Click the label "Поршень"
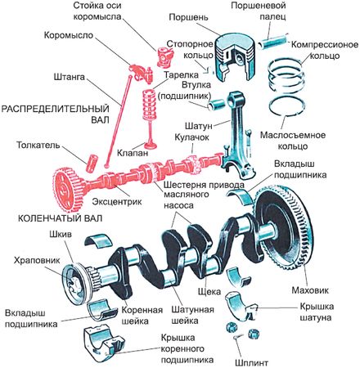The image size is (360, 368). tap(188, 17)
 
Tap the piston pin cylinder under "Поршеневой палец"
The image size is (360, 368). tap(273, 40)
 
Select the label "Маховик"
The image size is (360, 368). tap(310, 290)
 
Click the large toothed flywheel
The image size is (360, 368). tap(283, 230)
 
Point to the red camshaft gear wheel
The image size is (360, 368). tap(65, 190)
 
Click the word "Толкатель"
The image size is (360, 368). tap(38, 145)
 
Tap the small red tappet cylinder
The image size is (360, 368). tap(92, 164)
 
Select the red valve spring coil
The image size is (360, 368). tap(150, 105)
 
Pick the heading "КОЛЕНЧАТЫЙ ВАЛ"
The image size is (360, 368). tap(60, 218)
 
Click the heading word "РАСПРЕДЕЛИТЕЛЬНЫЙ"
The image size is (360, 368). tap(55, 109)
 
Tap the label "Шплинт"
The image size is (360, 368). tap(251, 363)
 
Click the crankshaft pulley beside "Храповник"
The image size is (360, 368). tap(76, 284)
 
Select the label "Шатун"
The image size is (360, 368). tap(199, 126)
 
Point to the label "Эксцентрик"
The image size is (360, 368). tap(117, 202)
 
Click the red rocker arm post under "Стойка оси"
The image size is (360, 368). tap(164, 56)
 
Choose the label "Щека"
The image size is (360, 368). tap(209, 291)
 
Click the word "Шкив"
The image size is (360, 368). tap(61, 234)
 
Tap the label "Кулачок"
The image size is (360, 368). tap(191, 137)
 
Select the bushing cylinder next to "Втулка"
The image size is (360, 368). tap(217, 105)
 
